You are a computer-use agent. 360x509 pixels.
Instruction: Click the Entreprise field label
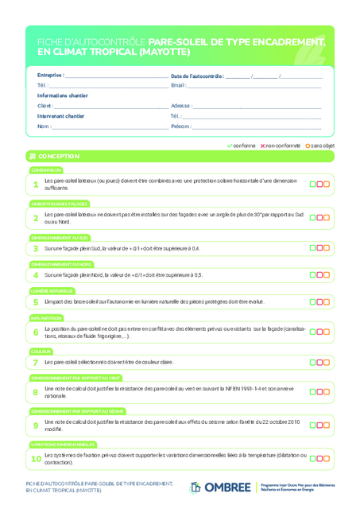coord(51,76)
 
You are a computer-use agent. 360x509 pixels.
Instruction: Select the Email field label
coord(178,85)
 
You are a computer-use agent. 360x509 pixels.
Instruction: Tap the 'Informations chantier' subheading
coord(63,95)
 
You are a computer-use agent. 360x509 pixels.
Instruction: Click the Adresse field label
coord(181,106)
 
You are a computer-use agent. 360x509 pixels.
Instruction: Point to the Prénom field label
coord(180,126)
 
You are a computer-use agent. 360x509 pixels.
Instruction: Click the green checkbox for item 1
coord(313,185)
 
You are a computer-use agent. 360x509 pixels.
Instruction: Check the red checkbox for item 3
coord(319,248)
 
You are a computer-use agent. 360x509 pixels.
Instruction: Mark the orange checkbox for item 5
coord(326,302)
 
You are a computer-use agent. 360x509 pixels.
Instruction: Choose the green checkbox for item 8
coord(313,391)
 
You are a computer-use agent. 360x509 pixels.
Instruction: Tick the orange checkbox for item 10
coord(326,458)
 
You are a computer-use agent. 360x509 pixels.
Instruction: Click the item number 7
coord(36,363)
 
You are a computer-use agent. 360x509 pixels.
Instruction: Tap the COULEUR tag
coord(41,351)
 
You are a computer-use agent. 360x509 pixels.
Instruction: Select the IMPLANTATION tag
coord(47,318)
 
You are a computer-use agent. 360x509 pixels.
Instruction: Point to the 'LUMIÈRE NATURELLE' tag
coord(52,291)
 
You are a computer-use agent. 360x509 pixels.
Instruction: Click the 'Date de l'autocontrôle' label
coord(197,76)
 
